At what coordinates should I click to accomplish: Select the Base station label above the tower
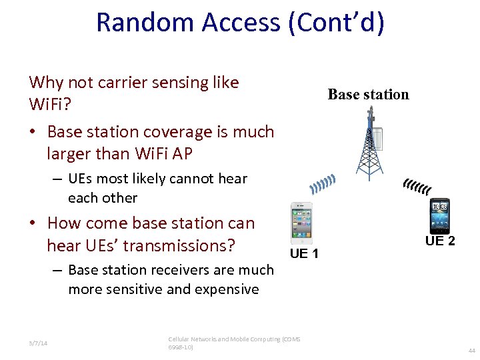(x=368, y=95)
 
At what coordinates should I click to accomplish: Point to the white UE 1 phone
(x=302, y=223)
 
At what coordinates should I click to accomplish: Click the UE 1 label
(x=304, y=254)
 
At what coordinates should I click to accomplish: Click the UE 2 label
(x=440, y=241)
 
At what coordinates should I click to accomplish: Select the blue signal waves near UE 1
(x=323, y=184)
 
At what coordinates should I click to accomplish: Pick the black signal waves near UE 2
(x=417, y=188)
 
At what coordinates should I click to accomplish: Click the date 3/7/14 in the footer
(x=39, y=343)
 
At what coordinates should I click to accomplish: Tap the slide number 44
(x=471, y=351)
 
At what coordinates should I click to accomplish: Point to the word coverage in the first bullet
(x=185, y=131)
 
